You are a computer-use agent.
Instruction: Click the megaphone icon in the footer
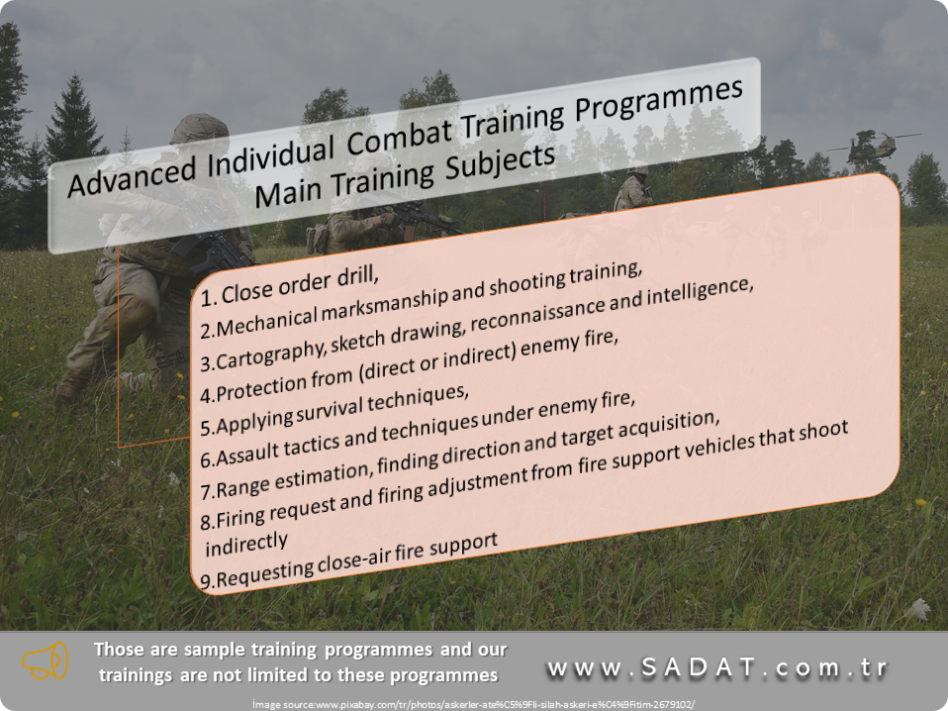(x=45, y=660)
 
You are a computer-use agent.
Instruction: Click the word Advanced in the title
(x=132, y=175)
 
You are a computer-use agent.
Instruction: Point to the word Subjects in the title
(x=500, y=162)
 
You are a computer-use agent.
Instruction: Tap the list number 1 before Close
(x=208, y=298)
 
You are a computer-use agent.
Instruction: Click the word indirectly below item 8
(x=246, y=543)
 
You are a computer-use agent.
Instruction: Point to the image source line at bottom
(x=473, y=704)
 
